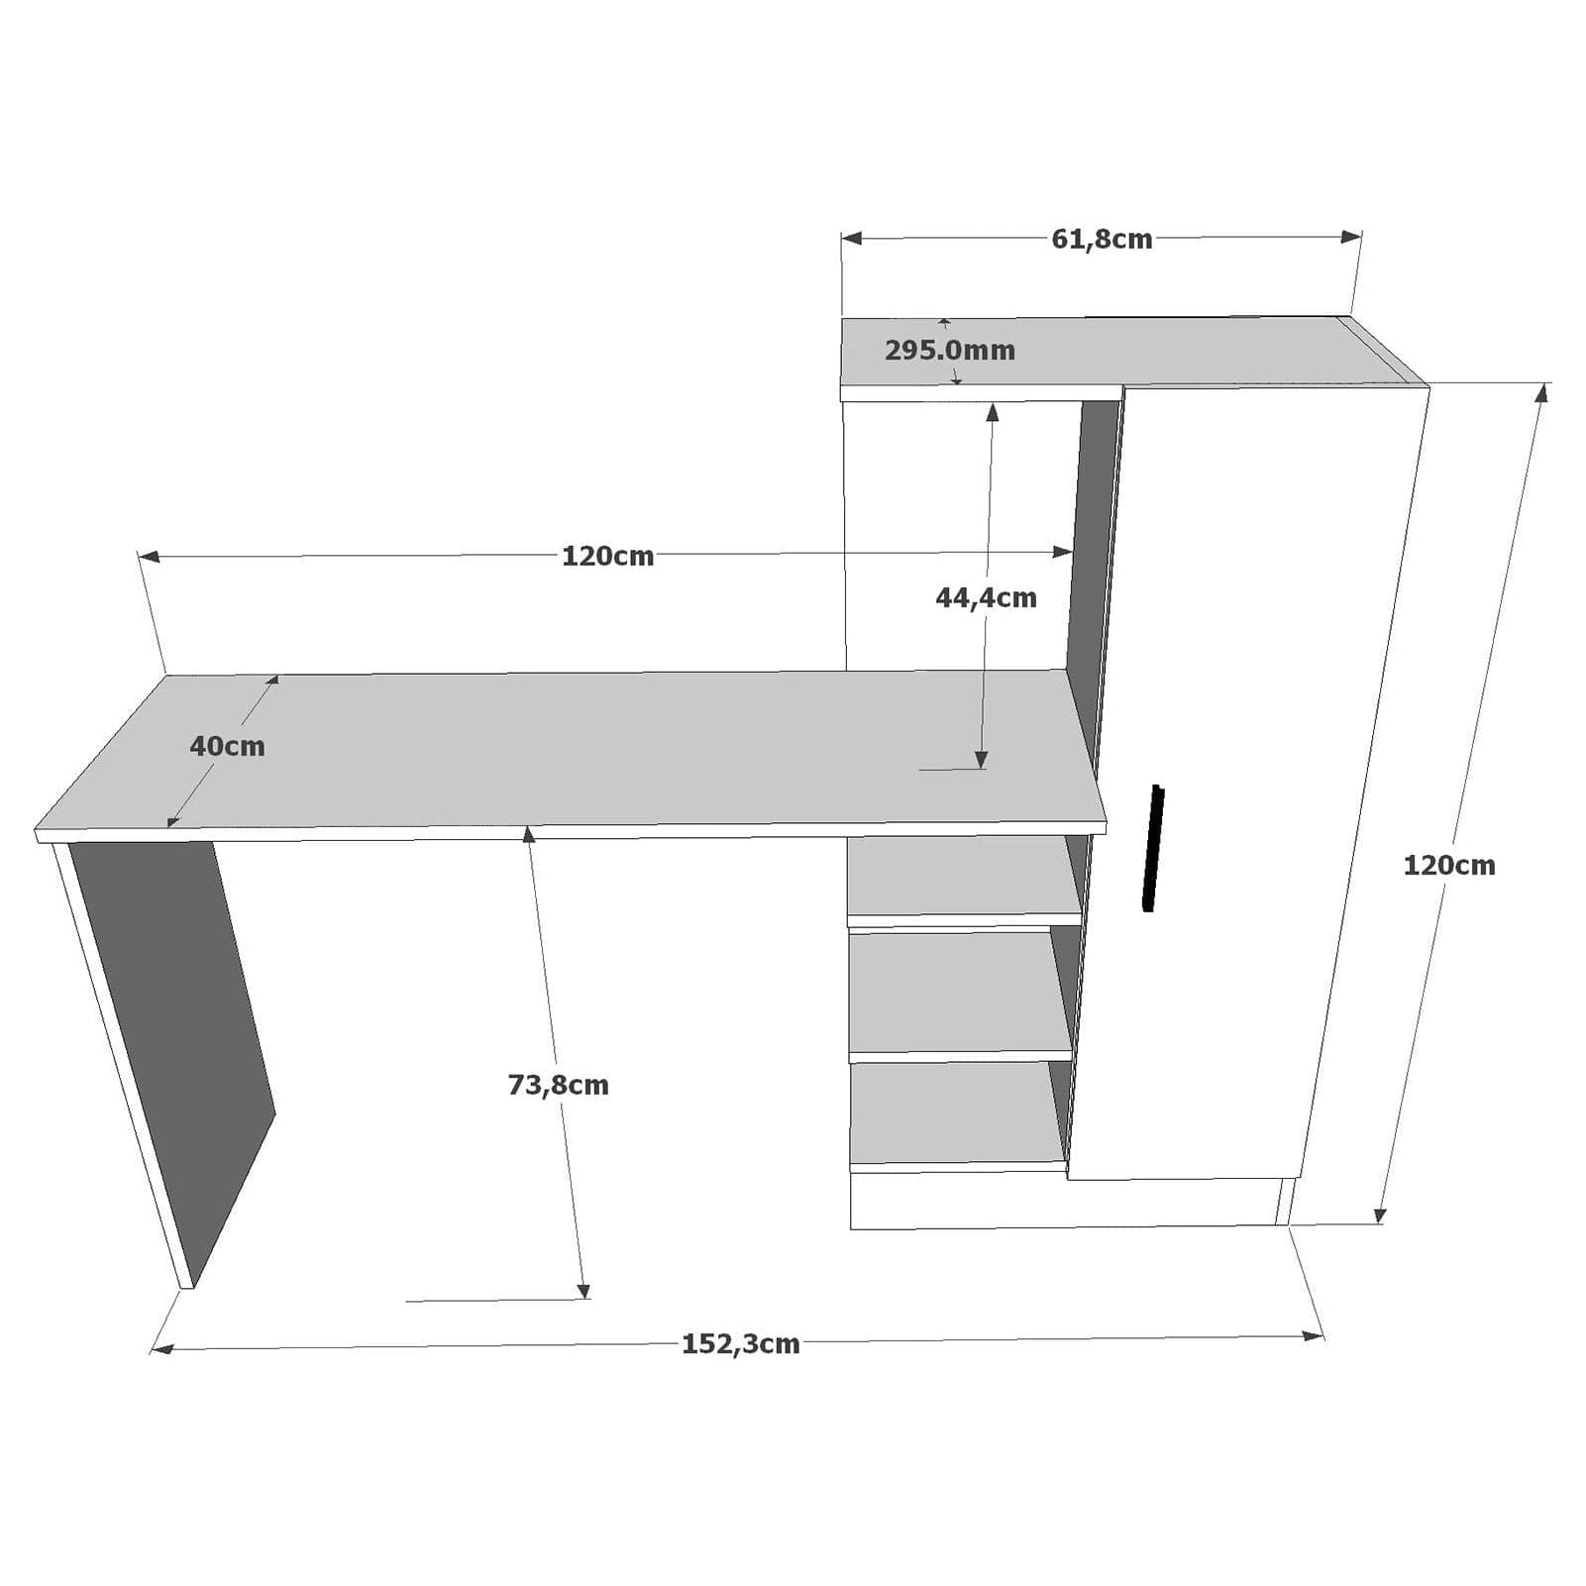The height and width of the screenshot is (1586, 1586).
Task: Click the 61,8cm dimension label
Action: tap(1102, 240)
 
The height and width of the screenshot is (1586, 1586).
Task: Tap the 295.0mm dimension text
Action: tap(950, 351)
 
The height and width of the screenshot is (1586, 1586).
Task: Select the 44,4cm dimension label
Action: tap(986, 598)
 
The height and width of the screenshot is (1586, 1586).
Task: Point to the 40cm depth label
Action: tap(227, 747)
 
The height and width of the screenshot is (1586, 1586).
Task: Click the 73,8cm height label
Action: tap(558, 1086)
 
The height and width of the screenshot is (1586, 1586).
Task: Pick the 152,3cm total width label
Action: tap(740, 1344)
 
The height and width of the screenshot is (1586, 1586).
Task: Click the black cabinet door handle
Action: tap(1153, 848)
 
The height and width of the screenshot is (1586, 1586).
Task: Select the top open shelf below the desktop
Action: tap(961, 877)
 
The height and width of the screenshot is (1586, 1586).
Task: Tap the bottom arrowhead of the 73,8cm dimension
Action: tap(583, 1290)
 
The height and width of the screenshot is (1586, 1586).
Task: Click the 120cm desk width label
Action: tap(607, 557)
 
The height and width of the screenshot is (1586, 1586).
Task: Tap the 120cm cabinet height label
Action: tap(1448, 866)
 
